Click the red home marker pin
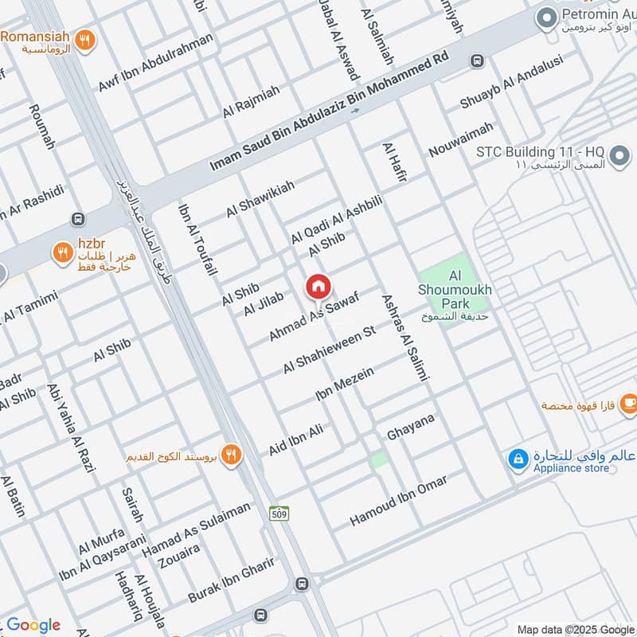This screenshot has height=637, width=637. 318,287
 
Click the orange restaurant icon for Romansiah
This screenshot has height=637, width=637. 85,38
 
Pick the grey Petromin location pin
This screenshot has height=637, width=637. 546,17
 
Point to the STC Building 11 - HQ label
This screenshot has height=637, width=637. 552,157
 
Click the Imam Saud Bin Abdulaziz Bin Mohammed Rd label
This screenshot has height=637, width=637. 330,113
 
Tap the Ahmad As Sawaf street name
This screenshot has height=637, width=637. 314,317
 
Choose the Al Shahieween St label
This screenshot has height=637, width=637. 329,350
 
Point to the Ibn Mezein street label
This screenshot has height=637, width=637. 345,383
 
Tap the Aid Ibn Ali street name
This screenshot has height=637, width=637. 295,440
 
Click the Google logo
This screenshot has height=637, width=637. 33,625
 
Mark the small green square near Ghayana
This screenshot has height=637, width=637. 380,459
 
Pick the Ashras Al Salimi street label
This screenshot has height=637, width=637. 404,338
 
